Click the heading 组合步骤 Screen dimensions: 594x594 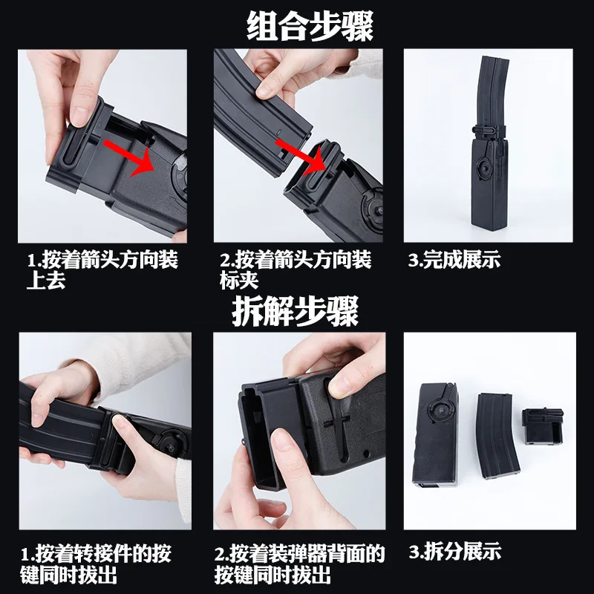pos(310,26)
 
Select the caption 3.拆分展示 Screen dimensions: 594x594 pos(454,551)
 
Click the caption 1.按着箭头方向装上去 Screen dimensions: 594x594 pos(102,270)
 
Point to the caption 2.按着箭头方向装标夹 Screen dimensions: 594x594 pos(296,270)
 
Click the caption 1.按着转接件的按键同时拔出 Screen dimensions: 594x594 pos(96,564)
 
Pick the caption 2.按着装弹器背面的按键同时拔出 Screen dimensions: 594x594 pos(299,564)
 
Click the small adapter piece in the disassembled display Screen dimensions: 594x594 pos(541,425)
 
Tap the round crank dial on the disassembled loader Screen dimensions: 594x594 pos(441,411)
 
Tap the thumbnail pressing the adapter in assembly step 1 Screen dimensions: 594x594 pos(81,116)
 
